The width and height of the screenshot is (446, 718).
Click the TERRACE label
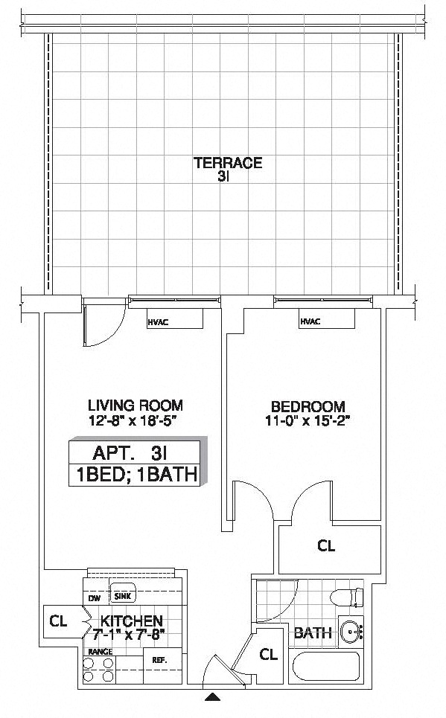pos(228,163)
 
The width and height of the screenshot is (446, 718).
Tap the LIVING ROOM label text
pos(135,406)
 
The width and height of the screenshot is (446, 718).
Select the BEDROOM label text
pos(308,407)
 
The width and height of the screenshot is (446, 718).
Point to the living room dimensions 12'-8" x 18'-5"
pos(135,420)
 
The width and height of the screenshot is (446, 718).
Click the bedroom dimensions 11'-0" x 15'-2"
pos(308,421)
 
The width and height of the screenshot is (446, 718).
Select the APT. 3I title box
pos(134,452)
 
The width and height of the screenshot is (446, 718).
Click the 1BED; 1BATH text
pos(134,475)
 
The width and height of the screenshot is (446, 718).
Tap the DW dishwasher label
pos(95,597)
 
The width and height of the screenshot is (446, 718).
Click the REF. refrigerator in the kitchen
pos(159,659)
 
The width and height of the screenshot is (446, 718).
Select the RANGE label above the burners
pos(101,652)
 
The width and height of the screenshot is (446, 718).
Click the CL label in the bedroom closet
pos(326,545)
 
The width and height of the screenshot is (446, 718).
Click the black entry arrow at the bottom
pos(214,697)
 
